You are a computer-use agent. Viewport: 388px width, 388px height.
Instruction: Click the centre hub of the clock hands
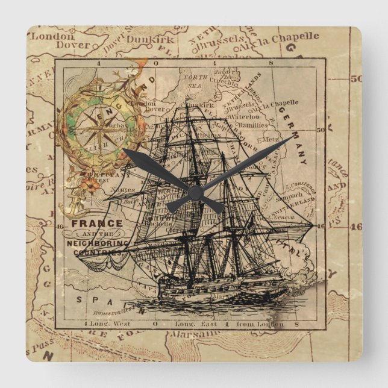point(195,192)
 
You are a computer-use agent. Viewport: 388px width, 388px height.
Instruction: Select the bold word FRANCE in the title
point(96,223)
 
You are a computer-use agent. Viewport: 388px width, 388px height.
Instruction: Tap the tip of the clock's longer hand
point(292,137)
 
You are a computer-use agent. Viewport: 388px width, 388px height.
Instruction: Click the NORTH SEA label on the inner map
point(195,81)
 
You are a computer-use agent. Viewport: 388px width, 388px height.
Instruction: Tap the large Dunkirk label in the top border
point(153,40)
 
